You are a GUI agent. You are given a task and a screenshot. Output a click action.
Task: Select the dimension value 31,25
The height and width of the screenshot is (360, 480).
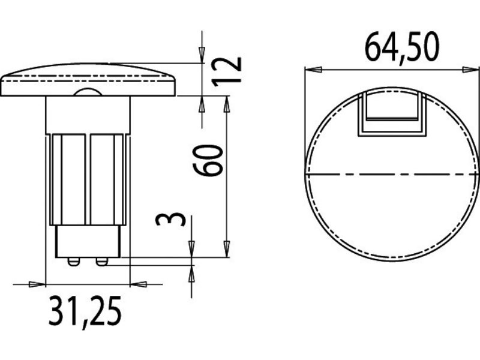85,310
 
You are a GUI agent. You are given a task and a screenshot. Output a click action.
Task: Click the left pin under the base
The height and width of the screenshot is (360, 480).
73,261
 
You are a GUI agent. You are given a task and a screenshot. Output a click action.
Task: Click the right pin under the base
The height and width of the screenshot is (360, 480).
101,261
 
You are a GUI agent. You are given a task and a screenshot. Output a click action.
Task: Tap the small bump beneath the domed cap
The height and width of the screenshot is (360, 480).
87,92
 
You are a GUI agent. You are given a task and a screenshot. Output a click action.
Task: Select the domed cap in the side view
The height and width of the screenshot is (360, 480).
88,79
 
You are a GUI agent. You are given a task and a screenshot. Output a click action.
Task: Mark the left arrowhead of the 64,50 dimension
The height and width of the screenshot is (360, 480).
313,70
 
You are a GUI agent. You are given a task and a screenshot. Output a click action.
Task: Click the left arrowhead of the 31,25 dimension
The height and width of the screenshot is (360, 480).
38,284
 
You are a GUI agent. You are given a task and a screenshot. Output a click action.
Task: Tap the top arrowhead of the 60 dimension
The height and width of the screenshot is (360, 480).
226,103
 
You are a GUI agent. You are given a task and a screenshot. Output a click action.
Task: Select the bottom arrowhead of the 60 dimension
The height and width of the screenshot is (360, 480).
226,250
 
